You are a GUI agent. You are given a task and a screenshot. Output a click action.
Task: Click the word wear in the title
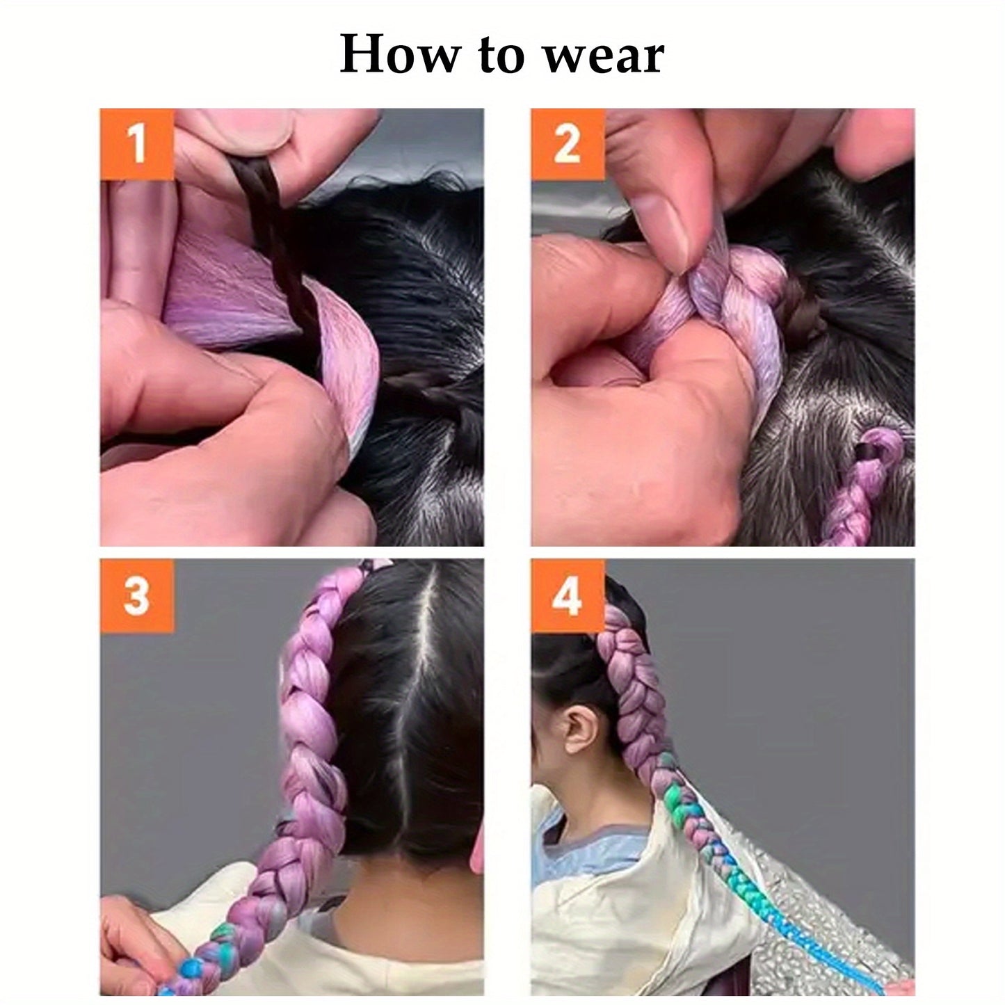604,56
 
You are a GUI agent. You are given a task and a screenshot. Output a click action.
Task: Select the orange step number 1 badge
136,144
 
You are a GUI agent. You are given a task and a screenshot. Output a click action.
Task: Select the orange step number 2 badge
568,144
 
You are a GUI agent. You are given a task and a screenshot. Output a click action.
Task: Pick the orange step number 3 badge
136,595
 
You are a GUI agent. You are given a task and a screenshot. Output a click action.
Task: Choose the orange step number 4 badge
568,595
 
